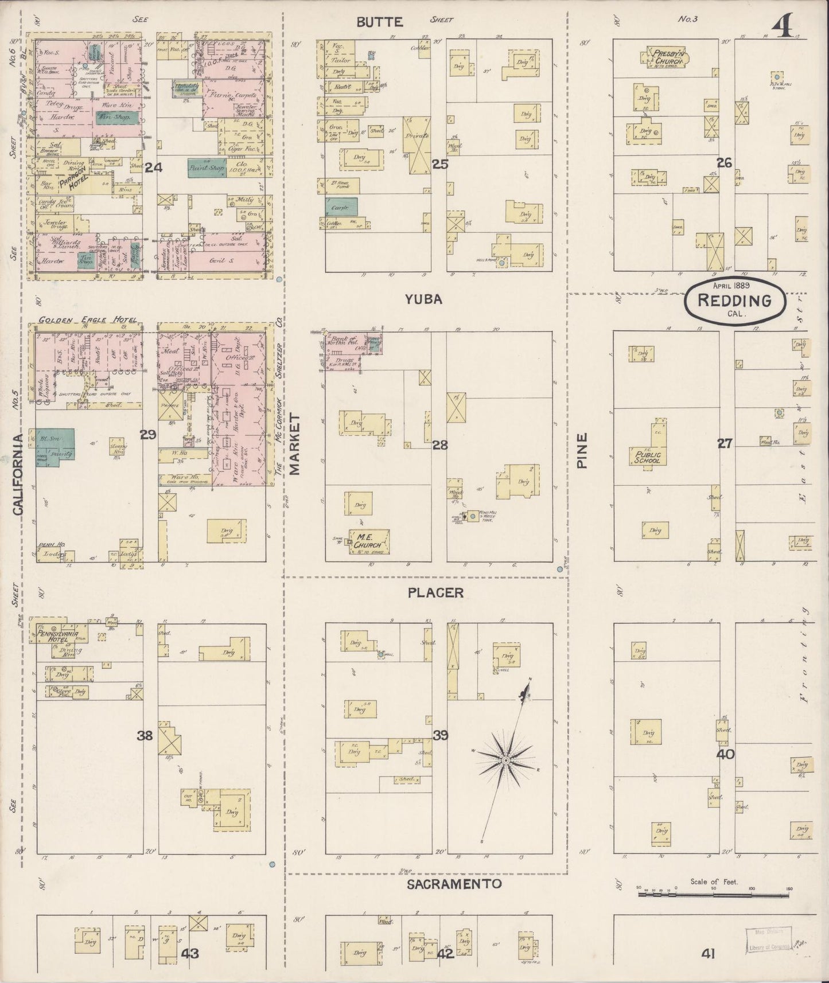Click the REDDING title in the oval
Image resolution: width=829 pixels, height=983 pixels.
click(x=735, y=301)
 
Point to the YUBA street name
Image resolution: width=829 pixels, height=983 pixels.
click(x=423, y=299)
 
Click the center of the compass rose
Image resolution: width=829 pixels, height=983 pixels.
click(x=505, y=760)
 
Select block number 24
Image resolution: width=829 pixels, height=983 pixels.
click(x=154, y=167)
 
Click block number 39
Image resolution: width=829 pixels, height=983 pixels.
click(x=440, y=735)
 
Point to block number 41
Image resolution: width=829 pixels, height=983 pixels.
click(x=707, y=953)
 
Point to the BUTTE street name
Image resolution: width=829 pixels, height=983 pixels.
click(x=380, y=22)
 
